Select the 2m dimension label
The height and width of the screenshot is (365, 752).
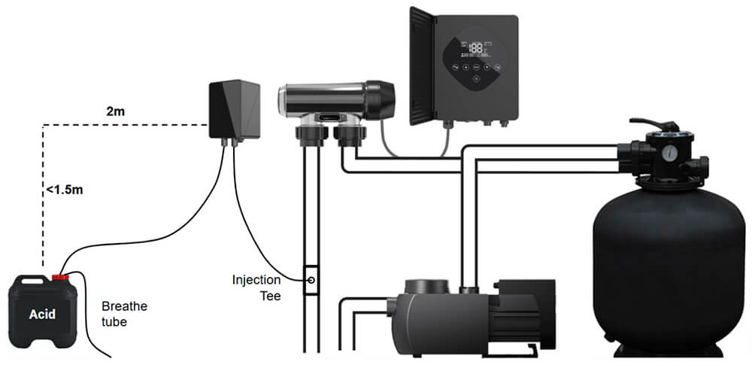coord(116,111)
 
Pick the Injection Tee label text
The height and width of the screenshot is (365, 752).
coord(256,288)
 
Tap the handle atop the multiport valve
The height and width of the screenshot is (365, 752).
coord(645,125)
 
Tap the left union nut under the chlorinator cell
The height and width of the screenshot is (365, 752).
coord(308,138)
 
